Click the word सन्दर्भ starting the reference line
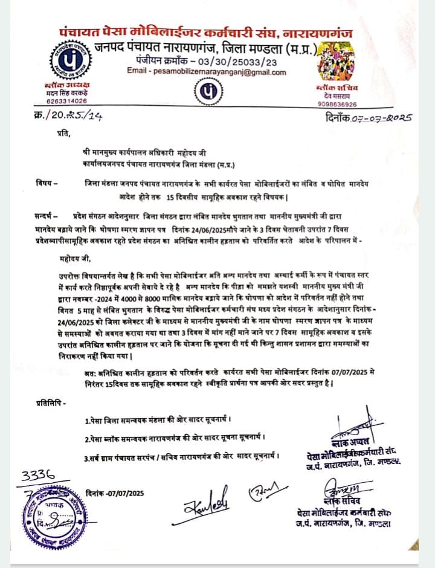pos(46,215)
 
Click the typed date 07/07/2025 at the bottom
pos(115,492)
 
